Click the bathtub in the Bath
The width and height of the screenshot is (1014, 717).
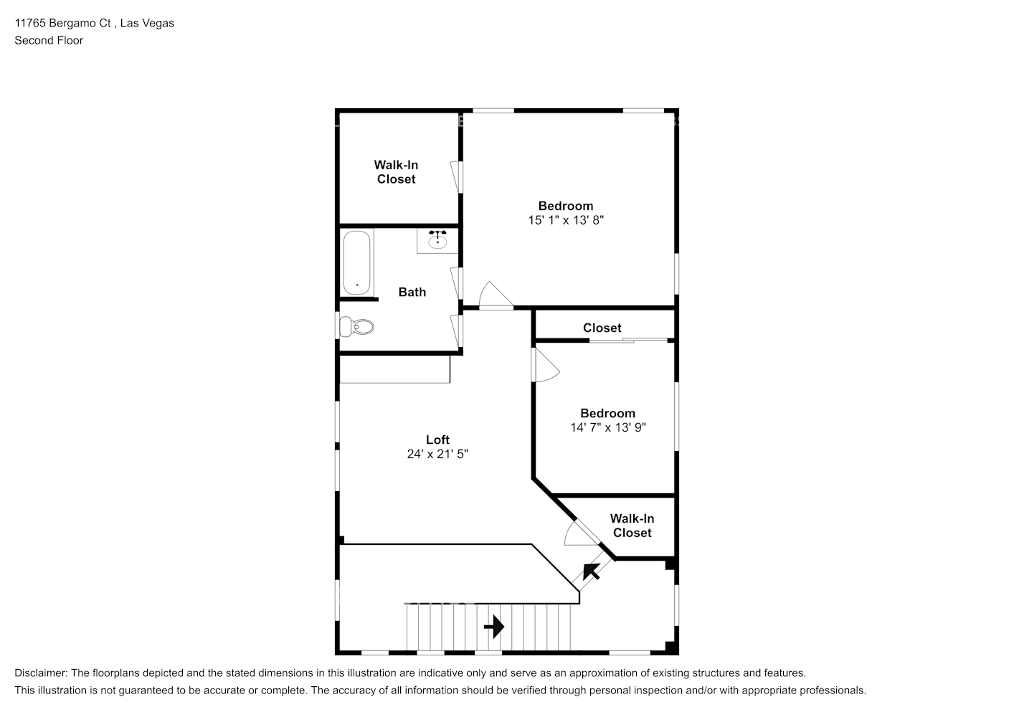pyautogui.click(x=356, y=262)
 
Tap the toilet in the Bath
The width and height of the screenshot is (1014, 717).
pyautogui.click(x=357, y=327)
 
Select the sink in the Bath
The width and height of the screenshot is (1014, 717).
pyautogui.click(x=437, y=240)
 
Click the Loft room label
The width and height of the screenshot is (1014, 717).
pyautogui.click(x=437, y=440)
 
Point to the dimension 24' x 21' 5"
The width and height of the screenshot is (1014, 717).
pyautogui.click(x=437, y=454)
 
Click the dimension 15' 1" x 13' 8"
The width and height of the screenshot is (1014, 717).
pyautogui.click(x=566, y=220)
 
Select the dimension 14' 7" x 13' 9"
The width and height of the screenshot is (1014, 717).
pyautogui.click(x=608, y=427)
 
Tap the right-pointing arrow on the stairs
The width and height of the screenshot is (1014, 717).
pyautogui.click(x=493, y=627)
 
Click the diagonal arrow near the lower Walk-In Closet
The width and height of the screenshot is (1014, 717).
pyautogui.click(x=591, y=571)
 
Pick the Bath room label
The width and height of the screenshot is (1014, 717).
pyautogui.click(x=412, y=292)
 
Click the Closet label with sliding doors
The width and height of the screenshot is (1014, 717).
pyautogui.click(x=602, y=328)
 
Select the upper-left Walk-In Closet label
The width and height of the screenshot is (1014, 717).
pyautogui.click(x=396, y=172)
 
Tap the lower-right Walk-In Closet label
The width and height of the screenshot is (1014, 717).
pyautogui.click(x=632, y=526)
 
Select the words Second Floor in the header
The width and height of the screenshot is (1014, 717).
pyautogui.click(x=49, y=40)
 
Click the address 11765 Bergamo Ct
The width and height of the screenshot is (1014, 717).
pyautogui.click(x=63, y=23)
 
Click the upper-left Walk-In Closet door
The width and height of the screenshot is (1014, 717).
pyautogui.click(x=456, y=176)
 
